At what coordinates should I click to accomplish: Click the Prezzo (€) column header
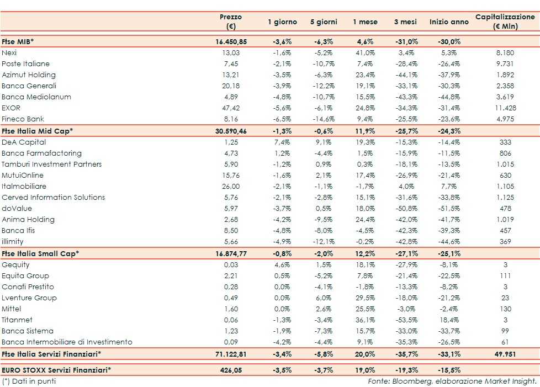point(231,22)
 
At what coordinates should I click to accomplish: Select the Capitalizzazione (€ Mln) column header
point(505,22)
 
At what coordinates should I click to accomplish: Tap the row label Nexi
point(9,52)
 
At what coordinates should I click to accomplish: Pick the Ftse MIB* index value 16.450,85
point(231,41)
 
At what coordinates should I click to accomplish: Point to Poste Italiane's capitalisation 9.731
point(505,63)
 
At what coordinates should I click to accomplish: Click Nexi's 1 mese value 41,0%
point(365,52)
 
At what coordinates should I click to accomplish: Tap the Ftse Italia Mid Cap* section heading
point(38,130)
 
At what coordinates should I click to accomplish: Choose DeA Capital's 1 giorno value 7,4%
point(283,142)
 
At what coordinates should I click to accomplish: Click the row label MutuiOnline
point(23,175)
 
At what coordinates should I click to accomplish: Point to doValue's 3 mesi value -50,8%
point(406,208)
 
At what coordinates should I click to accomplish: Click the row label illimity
point(13,241)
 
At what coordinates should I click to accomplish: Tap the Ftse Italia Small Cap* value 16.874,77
point(231,253)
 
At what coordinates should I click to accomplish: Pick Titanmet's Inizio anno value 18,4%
point(447,320)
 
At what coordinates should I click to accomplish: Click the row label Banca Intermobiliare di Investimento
point(67,342)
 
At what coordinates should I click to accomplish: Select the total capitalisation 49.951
point(505,353)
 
